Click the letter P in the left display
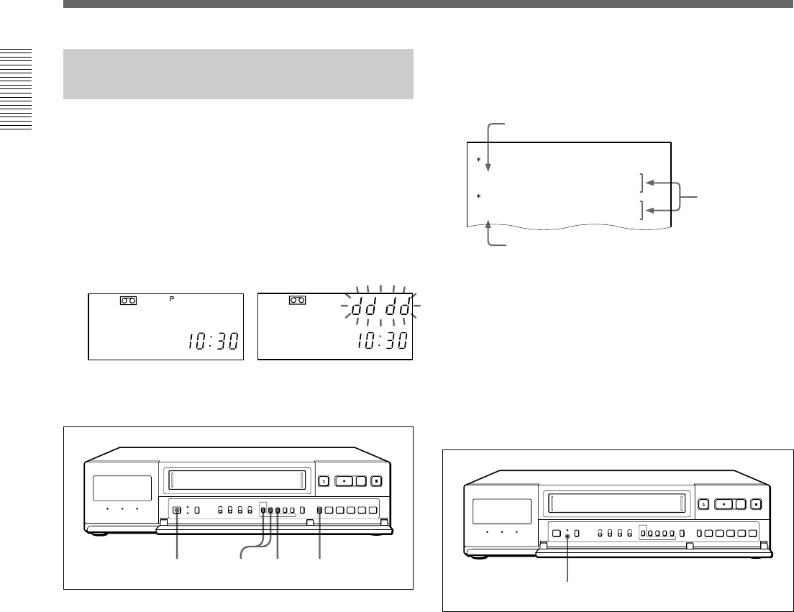[x=172, y=299]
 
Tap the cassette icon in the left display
[x=129, y=301]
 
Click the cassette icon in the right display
[x=298, y=300]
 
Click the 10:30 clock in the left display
[x=213, y=342]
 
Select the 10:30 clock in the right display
[x=382, y=342]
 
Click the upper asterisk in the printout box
[x=478, y=160]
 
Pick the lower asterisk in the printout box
[x=478, y=196]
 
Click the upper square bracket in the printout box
[x=642, y=183]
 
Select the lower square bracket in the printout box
[x=642, y=210]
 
